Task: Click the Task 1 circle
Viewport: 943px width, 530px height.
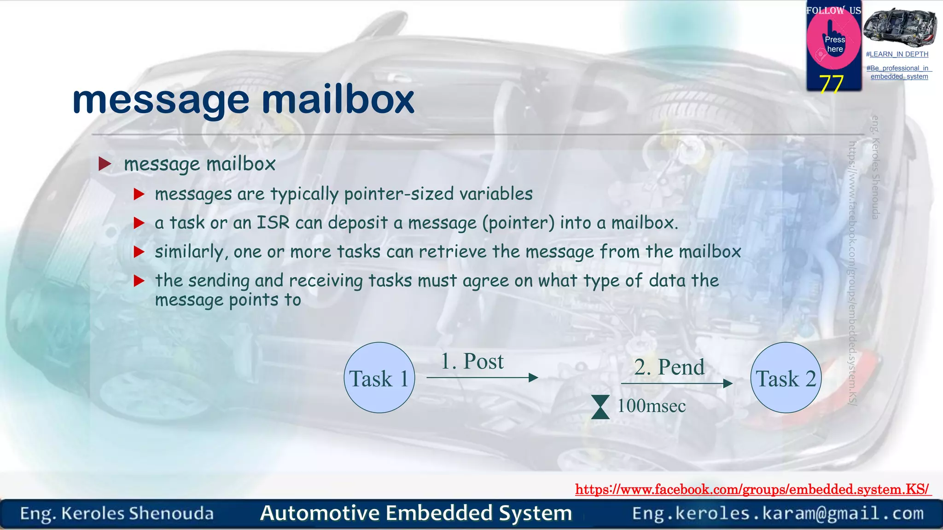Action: click(x=379, y=378)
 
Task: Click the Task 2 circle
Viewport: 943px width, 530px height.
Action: click(x=786, y=378)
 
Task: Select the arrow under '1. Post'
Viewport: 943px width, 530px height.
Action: click(x=482, y=378)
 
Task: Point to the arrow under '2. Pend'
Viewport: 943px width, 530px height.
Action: click(x=676, y=383)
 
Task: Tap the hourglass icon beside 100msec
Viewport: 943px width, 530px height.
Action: click(x=600, y=407)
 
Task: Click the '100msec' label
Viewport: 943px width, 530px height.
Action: click(x=651, y=406)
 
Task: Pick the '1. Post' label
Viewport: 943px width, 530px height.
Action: click(x=472, y=361)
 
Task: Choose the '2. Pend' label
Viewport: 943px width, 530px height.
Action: click(x=669, y=367)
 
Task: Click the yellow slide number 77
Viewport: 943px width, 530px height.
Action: click(x=831, y=83)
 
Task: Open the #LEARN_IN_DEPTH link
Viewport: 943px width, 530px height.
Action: click(x=897, y=54)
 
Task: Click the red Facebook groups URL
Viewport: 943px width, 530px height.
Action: click(x=752, y=489)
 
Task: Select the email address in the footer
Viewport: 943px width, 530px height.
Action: click(x=778, y=513)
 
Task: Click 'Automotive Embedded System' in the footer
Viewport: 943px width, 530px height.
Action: click(x=416, y=513)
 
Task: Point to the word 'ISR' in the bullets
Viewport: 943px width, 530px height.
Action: click(x=273, y=223)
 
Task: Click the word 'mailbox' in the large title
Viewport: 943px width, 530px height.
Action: click(x=338, y=99)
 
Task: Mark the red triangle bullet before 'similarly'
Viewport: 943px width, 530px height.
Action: click(x=139, y=252)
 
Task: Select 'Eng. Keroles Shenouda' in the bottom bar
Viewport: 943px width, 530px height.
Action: click(x=117, y=513)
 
